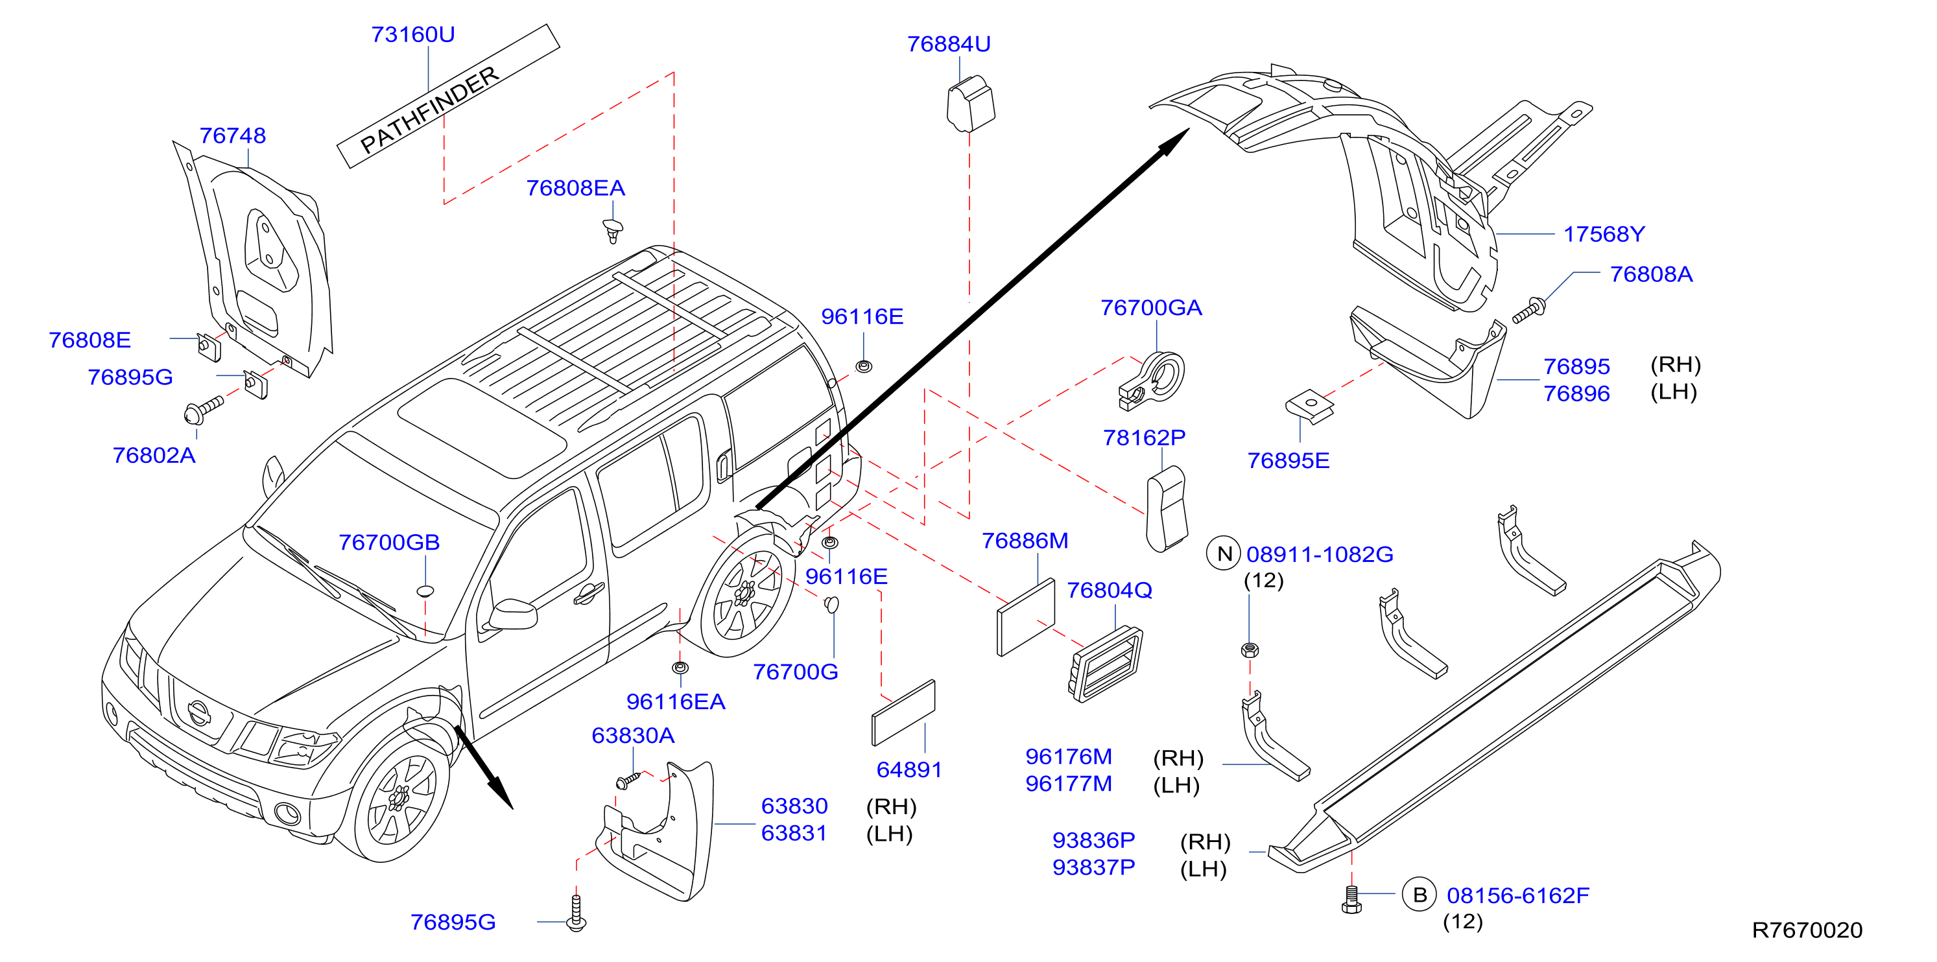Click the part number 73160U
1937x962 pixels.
point(413,34)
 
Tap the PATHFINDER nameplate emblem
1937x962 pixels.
point(448,96)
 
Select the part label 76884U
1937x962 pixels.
point(948,44)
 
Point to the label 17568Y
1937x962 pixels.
point(1604,235)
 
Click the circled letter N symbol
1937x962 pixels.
point(1224,554)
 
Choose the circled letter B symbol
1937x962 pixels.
point(1420,895)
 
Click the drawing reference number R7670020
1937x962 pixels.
point(1807,930)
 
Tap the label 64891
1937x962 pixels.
point(909,769)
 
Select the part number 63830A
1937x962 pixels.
point(632,735)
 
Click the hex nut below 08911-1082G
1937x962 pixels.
point(1250,650)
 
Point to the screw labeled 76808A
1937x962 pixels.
point(1528,311)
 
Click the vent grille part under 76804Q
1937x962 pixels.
point(1106,664)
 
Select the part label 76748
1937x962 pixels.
point(232,136)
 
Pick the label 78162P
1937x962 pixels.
point(1144,438)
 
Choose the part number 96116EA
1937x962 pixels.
point(675,702)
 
